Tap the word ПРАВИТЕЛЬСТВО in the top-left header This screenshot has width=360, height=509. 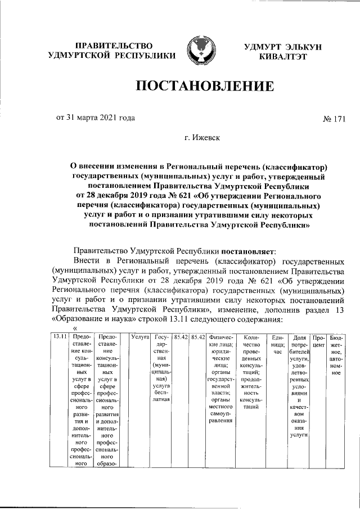(x=114, y=45)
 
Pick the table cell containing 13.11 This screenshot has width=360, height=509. (x=57, y=337)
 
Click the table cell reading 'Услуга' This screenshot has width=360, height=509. (x=138, y=337)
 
